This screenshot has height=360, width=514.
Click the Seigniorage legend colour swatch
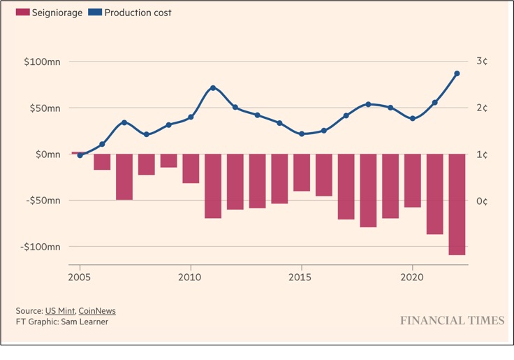click(x=22, y=13)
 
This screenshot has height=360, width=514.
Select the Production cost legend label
click(x=138, y=13)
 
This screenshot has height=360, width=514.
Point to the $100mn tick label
click(x=42, y=62)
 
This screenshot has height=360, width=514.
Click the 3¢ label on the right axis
click(x=482, y=61)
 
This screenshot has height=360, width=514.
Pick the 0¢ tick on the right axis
click(x=482, y=201)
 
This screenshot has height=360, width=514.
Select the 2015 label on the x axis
click(x=300, y=278)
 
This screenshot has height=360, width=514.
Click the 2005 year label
click(x=79, y=278)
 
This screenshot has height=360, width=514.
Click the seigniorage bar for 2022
click(x=457, y=204)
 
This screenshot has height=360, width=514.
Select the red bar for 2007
click(x=124, y=177)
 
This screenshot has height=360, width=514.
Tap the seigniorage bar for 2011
click(x=213, y=186)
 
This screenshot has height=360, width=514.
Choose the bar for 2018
click(x=368, y=191)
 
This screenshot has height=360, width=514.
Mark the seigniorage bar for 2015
click(x=302, y=173)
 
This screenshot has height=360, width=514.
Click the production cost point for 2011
click(x=213, y=88)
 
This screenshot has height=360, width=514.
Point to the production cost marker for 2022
click(x=457, y=73)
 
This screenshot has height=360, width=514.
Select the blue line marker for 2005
click(x=80, y=155)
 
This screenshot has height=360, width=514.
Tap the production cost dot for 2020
click(x=413, y=118)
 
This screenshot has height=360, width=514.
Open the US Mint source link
click(x=60, y=311)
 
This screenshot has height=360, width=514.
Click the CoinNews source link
click(x=97, y=311)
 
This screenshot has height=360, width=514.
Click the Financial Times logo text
click(x=453, y=320)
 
